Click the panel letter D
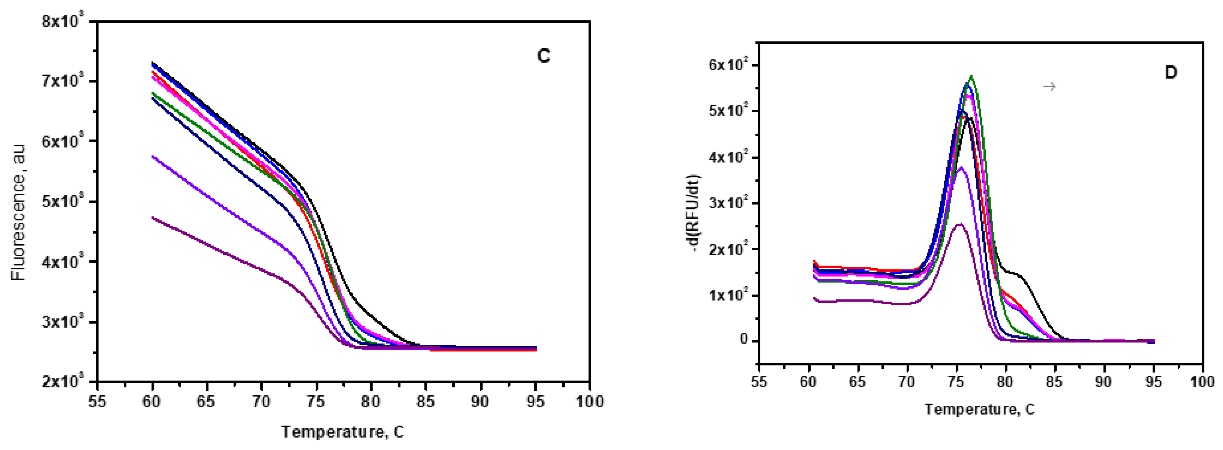point(1171,73)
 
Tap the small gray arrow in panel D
point(1049,86)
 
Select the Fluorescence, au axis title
point(19,212)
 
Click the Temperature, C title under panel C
point(343,431)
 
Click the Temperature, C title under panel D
point(979,409)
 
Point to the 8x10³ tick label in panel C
point(62,21)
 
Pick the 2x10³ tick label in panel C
point(62,381)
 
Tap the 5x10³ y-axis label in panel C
point(62,201)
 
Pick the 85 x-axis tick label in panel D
point(1055,382)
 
